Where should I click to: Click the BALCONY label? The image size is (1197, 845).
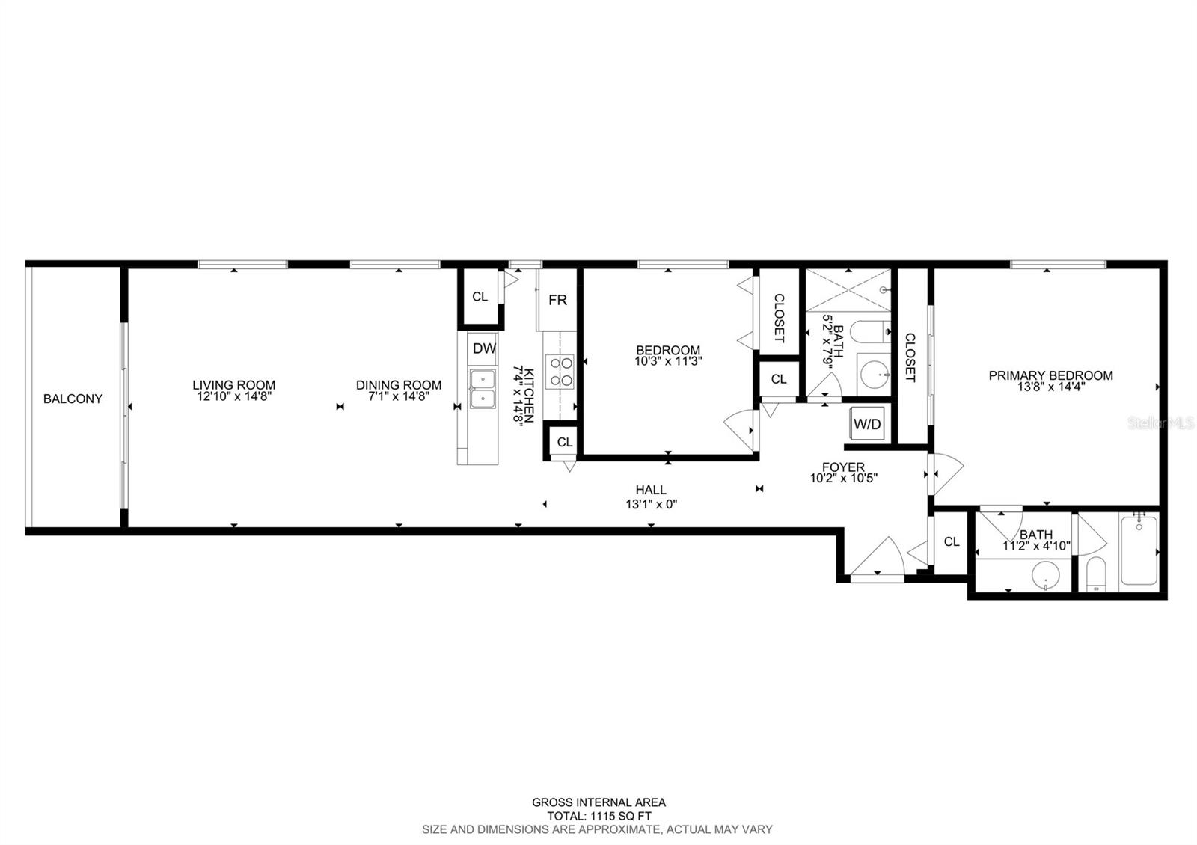(73, 399)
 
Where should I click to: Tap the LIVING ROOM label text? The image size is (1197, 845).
(233, 385)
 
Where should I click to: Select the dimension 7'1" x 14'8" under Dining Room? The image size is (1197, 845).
(398, 397)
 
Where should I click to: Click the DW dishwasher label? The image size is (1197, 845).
(484, 348)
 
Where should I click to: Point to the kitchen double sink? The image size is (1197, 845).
(483, 389)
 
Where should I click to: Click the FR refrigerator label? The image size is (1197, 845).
(557, 300)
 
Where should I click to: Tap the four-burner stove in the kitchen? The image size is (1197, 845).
(560, 372)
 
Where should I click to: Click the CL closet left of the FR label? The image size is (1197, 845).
(480, 297)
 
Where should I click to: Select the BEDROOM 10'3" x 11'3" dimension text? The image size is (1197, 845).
(668, 360)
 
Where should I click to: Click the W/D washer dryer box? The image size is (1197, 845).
(868, 424)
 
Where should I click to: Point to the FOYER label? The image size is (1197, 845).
(843, 467)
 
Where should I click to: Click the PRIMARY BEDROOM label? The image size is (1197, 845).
(1050, 375)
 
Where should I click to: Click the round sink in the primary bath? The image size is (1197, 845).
(1045, 577)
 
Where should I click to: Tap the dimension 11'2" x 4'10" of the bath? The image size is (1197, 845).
(1036, 546)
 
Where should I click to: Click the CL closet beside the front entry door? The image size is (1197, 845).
(951, 541)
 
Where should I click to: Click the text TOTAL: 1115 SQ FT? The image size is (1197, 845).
(598, 816)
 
